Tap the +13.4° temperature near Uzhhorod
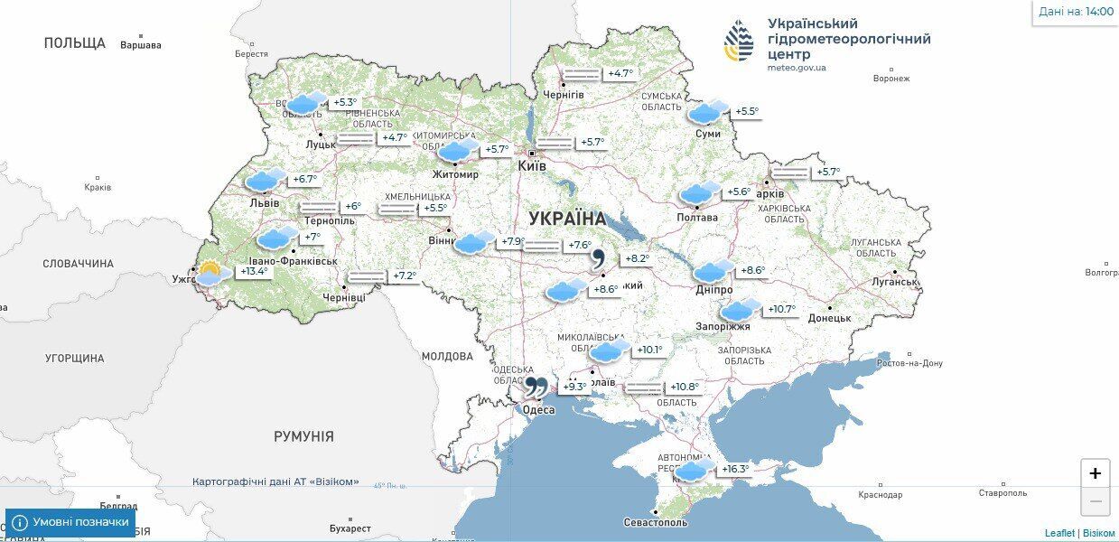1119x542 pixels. coord(255,271)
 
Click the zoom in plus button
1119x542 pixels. coord(1095,473)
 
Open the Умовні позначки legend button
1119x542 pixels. coord(71,522)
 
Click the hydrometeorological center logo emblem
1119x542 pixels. coord(738,41)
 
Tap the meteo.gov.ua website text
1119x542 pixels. coord(796,68)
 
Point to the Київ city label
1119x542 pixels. coord(531,167)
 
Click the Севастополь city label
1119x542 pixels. coord(655,522)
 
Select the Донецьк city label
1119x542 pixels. coord(829,318)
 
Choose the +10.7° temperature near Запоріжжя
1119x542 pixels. coord(782,309)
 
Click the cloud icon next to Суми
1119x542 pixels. coord(704,112)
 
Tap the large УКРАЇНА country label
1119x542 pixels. coord(567,219)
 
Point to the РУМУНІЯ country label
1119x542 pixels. coord(303,436)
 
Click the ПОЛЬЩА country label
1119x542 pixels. coord(74,42)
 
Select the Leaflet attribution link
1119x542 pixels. coord(1059,533)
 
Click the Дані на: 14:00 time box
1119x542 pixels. coord(1075,12)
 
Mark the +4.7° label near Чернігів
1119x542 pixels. coord(620,73)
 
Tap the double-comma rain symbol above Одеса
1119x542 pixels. coord(535,388)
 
